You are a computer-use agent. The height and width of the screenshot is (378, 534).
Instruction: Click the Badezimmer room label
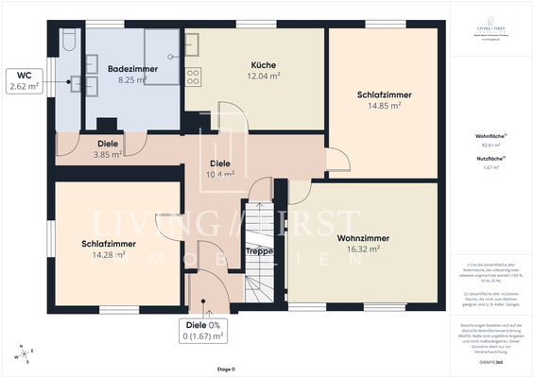click(131, 69)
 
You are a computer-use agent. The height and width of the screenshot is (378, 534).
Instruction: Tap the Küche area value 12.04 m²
click(236, 77)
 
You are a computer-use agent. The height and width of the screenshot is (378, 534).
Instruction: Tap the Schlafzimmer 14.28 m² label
click(108, 249)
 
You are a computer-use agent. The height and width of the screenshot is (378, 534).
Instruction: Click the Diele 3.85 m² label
click(109, 149)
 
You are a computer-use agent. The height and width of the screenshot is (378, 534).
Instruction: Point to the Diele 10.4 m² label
click(220, 169)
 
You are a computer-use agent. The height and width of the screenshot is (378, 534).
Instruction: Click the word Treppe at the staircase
click(259, 251)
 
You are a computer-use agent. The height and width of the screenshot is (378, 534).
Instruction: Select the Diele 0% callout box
click(204, 331)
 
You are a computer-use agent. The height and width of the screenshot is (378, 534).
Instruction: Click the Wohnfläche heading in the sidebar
click(490, 137)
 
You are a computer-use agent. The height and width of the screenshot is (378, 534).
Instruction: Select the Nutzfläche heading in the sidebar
click(490, 159)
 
